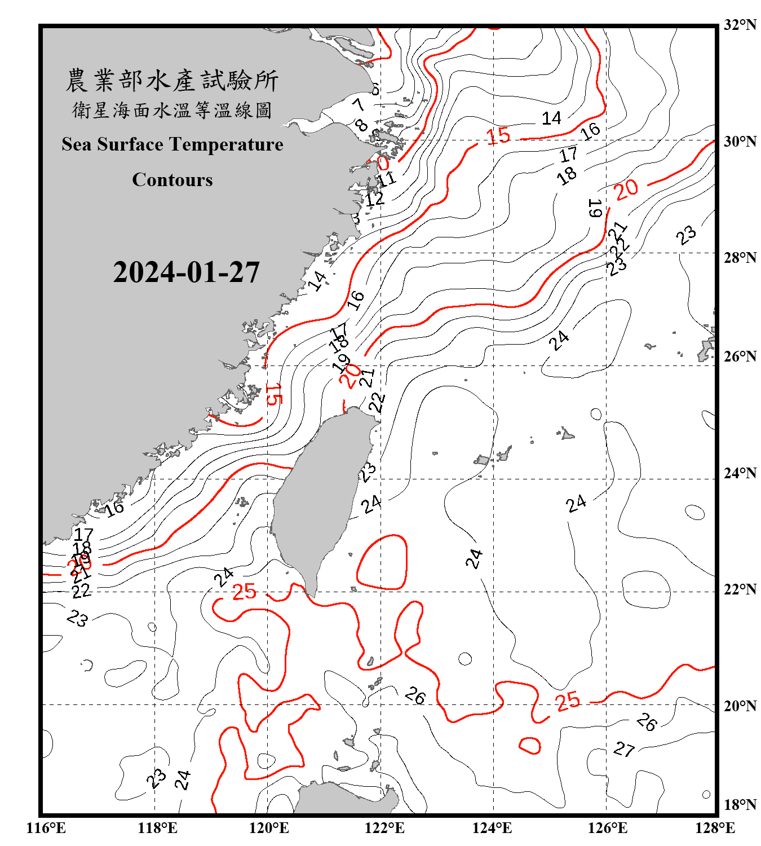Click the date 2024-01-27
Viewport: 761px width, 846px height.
(x=186, y=272)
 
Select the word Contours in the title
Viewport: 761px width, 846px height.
(x=172, y=180)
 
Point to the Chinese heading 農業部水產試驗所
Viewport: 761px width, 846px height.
(x=172, y=80)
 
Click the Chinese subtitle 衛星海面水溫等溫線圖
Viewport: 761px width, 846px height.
(x=172, y=110)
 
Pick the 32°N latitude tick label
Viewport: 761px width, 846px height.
(x=740, y=25)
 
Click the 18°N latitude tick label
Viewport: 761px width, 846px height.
(x=740, y=805)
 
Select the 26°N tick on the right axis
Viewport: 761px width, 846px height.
(x=740, y=356)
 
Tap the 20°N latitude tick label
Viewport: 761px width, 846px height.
(x=740, y=706)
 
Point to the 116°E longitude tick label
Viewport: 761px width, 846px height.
(x=46, y=828)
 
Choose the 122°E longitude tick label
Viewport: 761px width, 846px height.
(x=384, y=828)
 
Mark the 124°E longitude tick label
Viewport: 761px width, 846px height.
(x=492, y=828)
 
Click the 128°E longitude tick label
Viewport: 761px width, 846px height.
(x=715, y=828)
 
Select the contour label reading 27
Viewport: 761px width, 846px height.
(x=624, y=750)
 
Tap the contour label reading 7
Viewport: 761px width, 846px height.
(x=359, y=105)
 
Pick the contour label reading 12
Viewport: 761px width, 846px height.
(x=374, y=199)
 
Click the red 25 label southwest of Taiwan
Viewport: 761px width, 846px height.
(x=244, y=592)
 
